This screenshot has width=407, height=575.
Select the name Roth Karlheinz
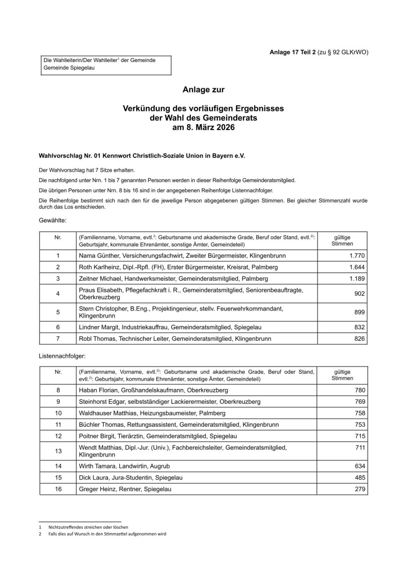pos(96,267)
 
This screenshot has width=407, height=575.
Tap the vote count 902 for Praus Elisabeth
pos(359,294)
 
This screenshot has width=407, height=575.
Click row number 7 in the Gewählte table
pos(58,338)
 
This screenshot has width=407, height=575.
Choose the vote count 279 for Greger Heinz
pos(360,489)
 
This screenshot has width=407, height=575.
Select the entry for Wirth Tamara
pos(124,466)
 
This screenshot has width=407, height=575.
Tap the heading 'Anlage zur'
pos(203,90)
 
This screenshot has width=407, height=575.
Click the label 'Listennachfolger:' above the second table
pos(62,355)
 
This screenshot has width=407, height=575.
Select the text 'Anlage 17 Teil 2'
pos(292,52)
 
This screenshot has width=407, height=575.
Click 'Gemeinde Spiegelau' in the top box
pos(69,68)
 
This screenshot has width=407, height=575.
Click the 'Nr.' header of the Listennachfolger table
pos(58,372)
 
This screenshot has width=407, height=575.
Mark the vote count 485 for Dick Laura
pos(360,478)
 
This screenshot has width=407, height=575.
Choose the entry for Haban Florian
pos(153,390)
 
